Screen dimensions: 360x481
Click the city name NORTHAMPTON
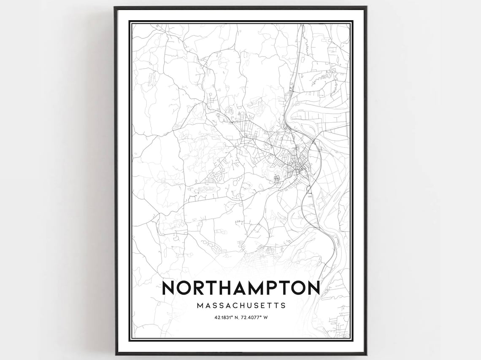click(240, 288)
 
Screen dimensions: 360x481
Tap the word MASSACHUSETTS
click(241, 305)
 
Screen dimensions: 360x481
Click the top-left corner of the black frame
click(115, 7)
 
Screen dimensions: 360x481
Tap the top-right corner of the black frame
click(366, 7)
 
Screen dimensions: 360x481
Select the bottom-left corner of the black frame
click(115, 354)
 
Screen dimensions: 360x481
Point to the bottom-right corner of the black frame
click(366, 354)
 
